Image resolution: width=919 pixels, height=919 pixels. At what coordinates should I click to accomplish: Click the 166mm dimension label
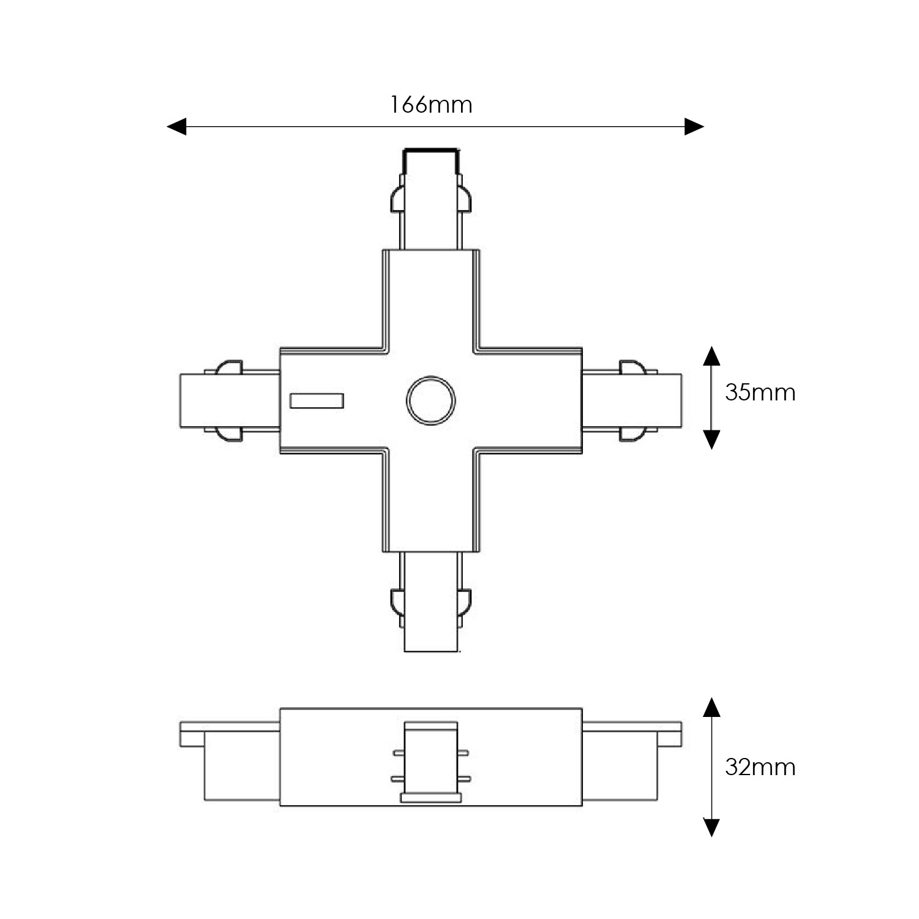[x=432, y=105]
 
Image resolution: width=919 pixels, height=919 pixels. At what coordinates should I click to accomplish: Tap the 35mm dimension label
[x=760, y=392]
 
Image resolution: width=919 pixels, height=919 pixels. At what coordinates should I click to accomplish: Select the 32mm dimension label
[x=760, y=767]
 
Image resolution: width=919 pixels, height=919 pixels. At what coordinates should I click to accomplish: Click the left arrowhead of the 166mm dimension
[x=176, y=127]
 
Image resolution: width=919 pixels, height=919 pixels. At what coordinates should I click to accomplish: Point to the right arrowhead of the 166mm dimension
[x=694, y=127]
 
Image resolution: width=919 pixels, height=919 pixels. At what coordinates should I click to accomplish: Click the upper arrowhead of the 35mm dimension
[x=711, y=356]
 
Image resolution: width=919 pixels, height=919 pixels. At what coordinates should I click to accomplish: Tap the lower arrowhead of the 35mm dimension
[x=711, y=440]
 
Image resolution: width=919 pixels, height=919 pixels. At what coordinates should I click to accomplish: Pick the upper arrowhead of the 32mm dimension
[x=711, y=706]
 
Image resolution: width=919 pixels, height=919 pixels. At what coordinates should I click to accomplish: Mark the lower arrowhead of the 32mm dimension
[x=711, y=827]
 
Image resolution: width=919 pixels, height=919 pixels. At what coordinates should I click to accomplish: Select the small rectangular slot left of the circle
[x=317, y=401]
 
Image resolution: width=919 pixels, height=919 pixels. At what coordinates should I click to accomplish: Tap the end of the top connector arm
[x=430, y=151]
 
